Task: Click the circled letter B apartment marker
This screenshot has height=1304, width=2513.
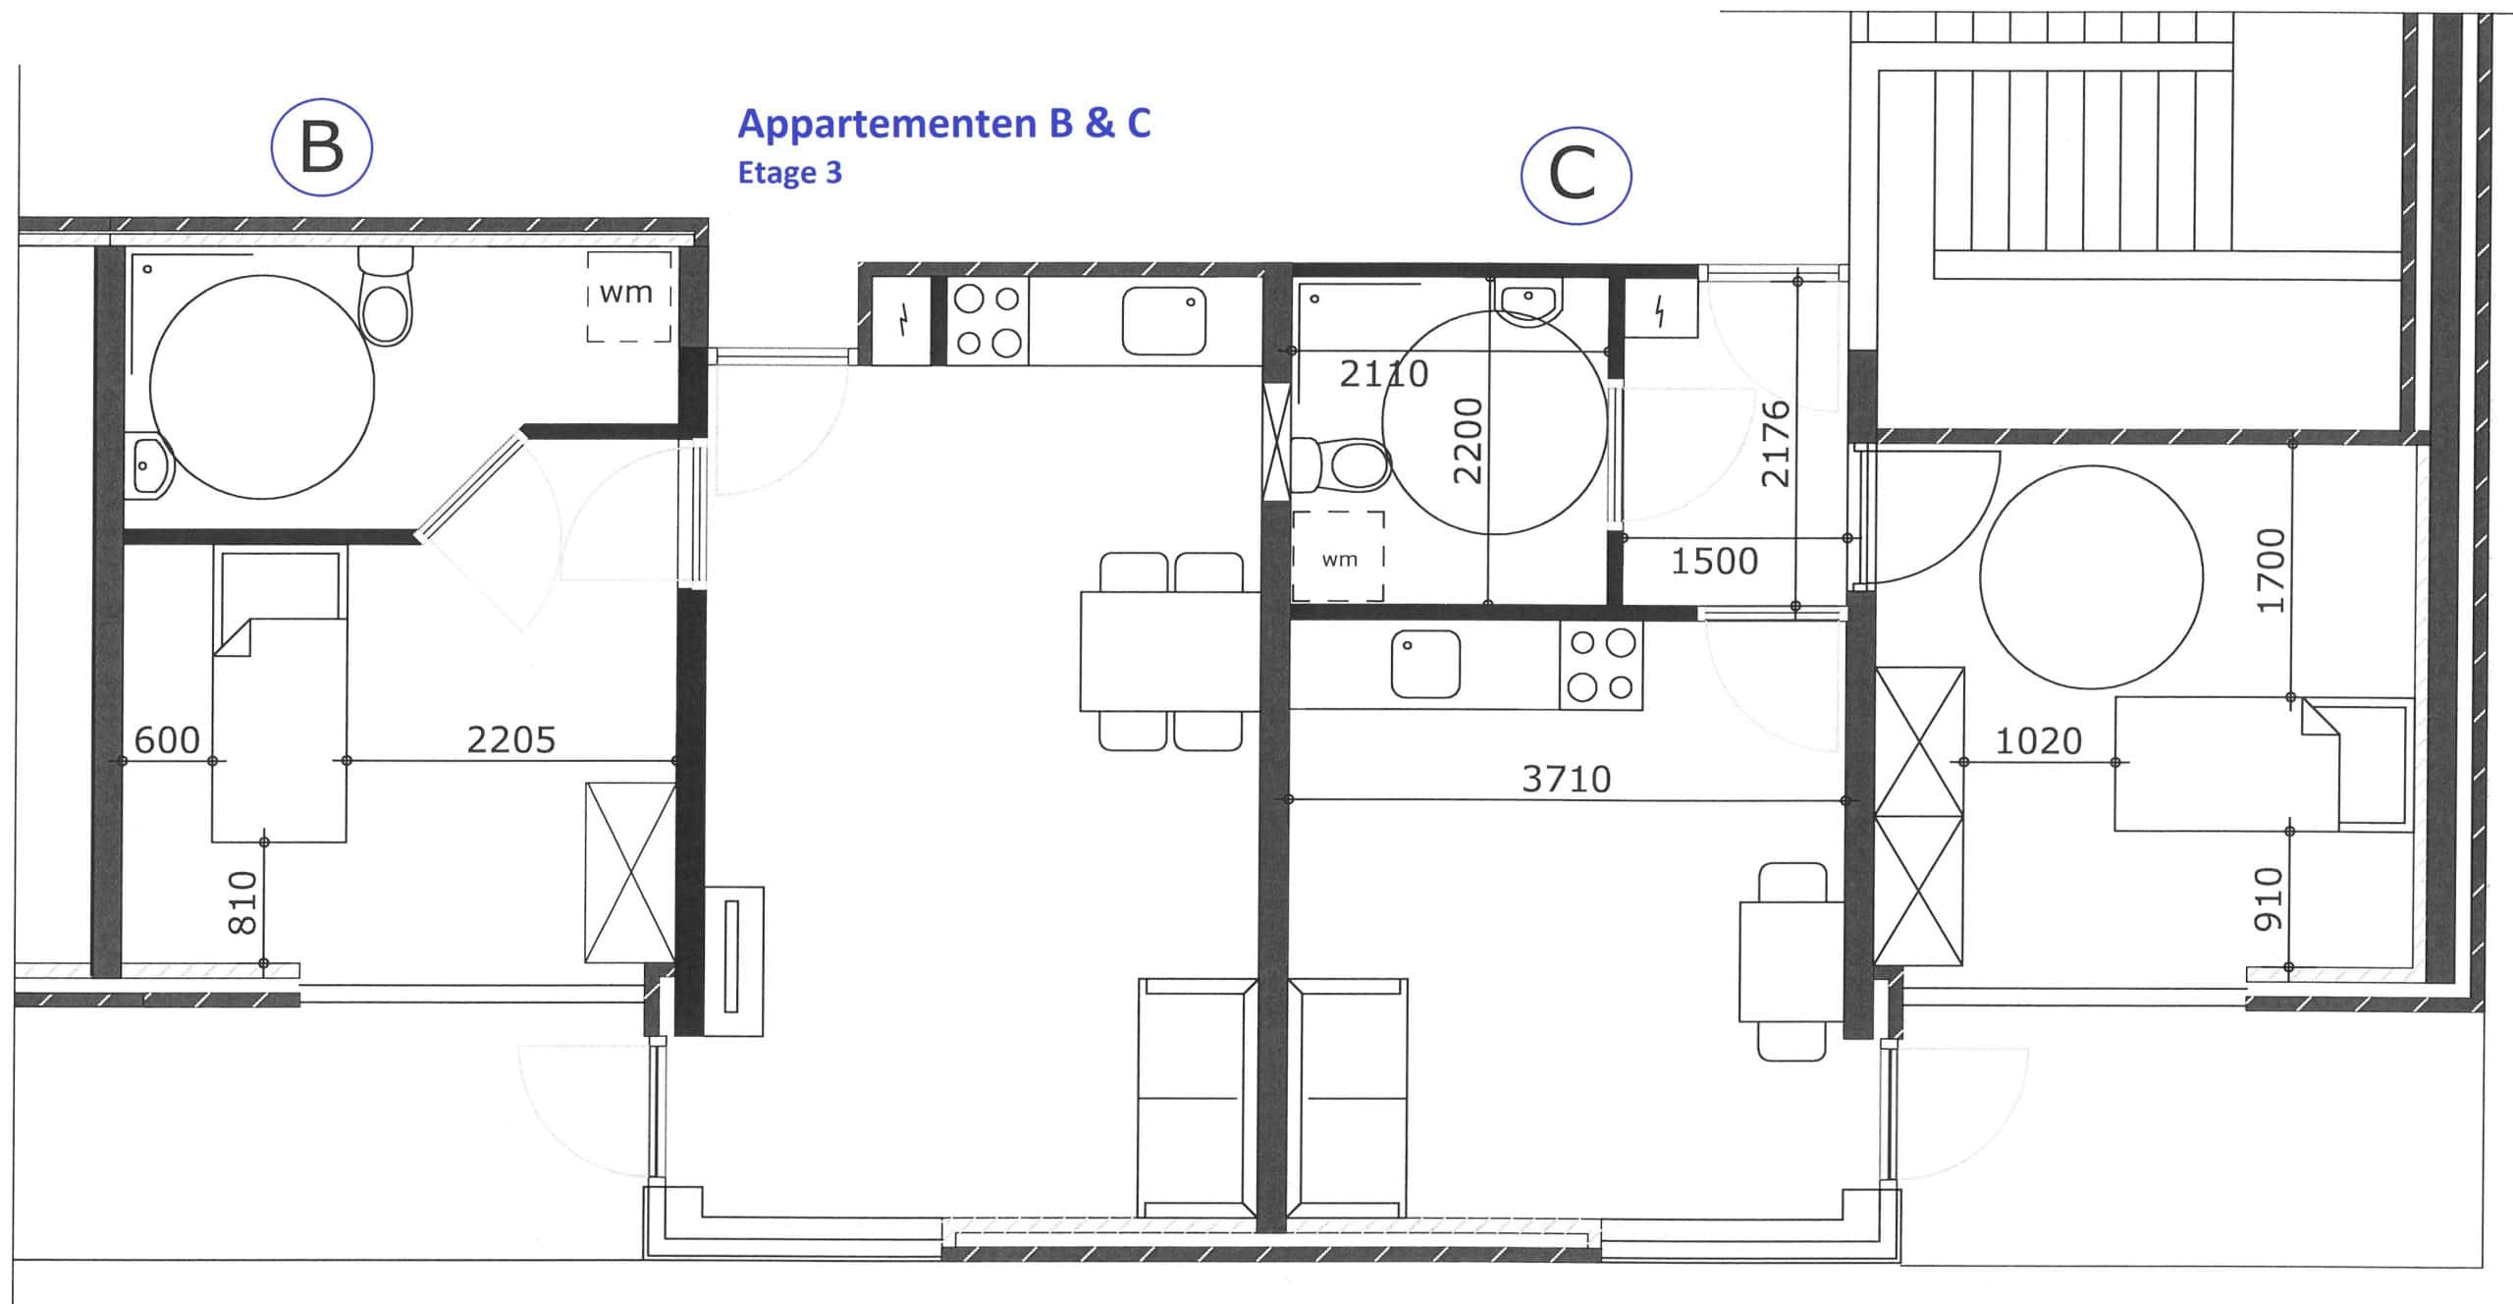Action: tap(321, 147)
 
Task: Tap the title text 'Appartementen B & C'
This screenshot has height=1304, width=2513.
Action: tap(943, 124)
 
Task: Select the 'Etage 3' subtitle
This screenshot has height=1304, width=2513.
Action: tap(790, 173)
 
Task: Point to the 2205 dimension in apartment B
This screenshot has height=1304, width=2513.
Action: tap(510, 739)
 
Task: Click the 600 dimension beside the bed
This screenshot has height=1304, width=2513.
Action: tap(167, 739)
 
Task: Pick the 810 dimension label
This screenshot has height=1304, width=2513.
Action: tap(241, 902)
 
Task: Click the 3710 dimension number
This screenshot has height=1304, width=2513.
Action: tap(1567, 780)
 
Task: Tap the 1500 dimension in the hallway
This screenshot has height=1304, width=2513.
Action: tap(1714, 562)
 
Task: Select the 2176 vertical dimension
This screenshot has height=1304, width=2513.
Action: tap(1777, 444)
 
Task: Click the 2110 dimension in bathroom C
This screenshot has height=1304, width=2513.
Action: tap(1384, 374)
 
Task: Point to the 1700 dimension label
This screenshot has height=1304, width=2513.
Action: tap(2271, 570)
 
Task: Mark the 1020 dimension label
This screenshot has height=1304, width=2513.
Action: tap(2039, 741)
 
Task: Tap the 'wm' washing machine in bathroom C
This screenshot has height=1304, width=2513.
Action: tap(1338, 556)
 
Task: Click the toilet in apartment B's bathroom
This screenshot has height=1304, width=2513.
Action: tap(386, 296)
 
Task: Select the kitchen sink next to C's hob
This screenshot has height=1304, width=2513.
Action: tap(1425, 665)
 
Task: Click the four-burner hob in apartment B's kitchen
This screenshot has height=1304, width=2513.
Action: tap(988, 321)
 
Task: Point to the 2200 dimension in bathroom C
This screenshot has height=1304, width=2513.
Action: tap(1467, 441)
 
